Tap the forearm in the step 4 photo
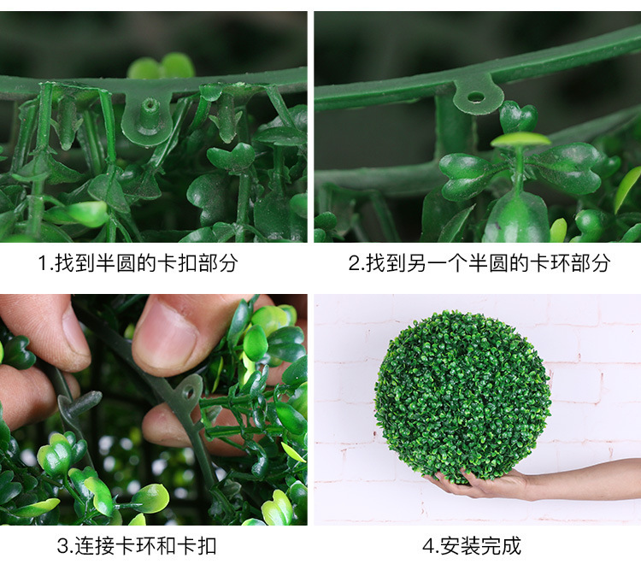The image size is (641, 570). [x=590, y=480]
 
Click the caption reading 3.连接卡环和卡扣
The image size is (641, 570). [x=137, y=545]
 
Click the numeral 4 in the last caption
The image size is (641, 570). [x=427, y=545]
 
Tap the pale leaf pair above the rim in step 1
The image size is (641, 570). [x=162, y=67]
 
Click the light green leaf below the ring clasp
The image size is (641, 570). [x=521, y=138]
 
